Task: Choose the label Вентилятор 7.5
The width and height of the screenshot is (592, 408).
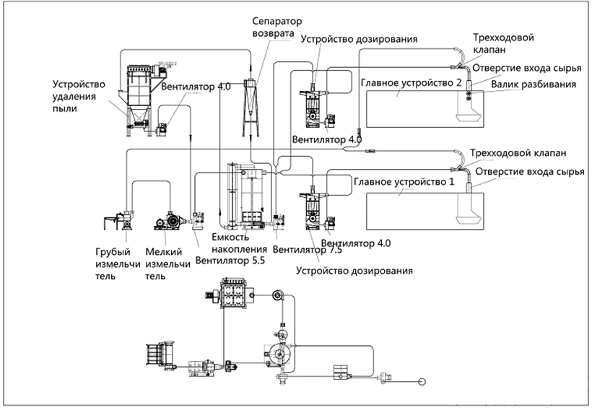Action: [x=293, y=251]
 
